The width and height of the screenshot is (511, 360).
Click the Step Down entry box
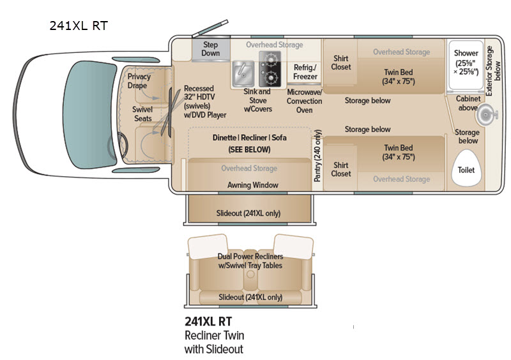211,49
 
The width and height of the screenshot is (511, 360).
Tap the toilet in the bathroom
466,168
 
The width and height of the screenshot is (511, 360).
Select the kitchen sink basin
243,73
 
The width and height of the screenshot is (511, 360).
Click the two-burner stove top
270,69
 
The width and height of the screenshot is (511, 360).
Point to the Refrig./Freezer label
305,72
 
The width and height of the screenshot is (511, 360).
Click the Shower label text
466,53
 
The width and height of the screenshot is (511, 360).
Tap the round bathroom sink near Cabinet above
486,115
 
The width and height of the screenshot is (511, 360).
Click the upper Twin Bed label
398,77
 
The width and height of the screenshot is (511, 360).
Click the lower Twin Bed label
398,152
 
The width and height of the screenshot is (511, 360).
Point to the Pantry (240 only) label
317,156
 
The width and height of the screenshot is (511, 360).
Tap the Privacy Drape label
139,81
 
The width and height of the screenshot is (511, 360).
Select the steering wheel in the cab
119,146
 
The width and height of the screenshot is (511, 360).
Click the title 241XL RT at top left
79,26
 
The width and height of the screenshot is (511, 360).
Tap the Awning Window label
252,185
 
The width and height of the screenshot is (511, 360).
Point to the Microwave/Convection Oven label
305,101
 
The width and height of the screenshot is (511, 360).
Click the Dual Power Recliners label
250,257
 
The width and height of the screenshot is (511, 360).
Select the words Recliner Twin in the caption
214,335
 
